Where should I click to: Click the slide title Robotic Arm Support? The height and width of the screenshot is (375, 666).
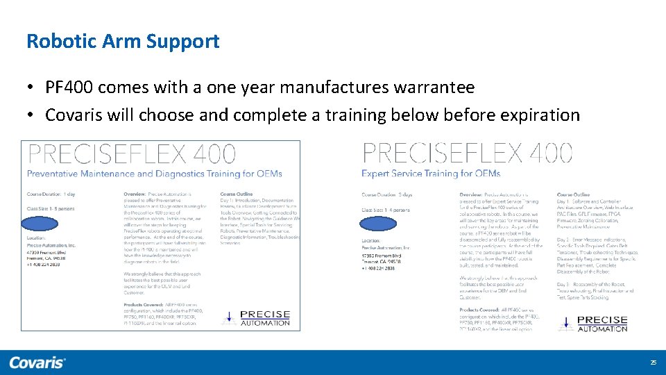(x=123, y=41)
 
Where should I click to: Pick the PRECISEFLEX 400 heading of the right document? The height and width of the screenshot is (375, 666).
(x=468, y=153)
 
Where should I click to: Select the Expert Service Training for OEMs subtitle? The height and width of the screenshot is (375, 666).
(x=431, y=174)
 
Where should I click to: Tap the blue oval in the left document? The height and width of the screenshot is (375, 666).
(x=42, y=224)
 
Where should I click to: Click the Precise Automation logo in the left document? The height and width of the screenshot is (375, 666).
(x=257, y=318)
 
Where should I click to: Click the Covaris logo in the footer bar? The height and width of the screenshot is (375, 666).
(x=37, y=362)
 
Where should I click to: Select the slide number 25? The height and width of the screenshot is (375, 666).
(x=653, y=362)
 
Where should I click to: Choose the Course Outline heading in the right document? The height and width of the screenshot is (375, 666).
(x=574, y=194)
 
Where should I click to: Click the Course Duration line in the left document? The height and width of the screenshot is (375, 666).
(x=51, y=194)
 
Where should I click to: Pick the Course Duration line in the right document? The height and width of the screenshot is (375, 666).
(x=387, y=194)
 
